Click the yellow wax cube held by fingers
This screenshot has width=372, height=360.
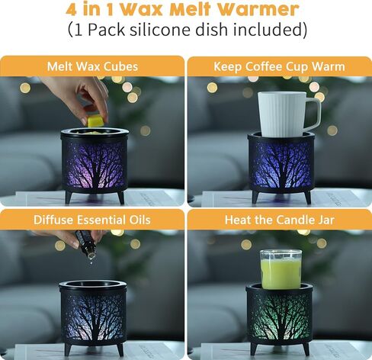[95, 120]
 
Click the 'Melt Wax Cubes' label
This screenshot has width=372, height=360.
[92, 66]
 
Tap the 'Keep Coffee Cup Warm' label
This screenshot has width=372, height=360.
[280, 66]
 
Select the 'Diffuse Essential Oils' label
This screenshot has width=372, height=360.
[92, 220]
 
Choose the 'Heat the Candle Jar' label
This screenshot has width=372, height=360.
[280, 220]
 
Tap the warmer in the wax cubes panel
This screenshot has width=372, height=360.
[93, 164]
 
